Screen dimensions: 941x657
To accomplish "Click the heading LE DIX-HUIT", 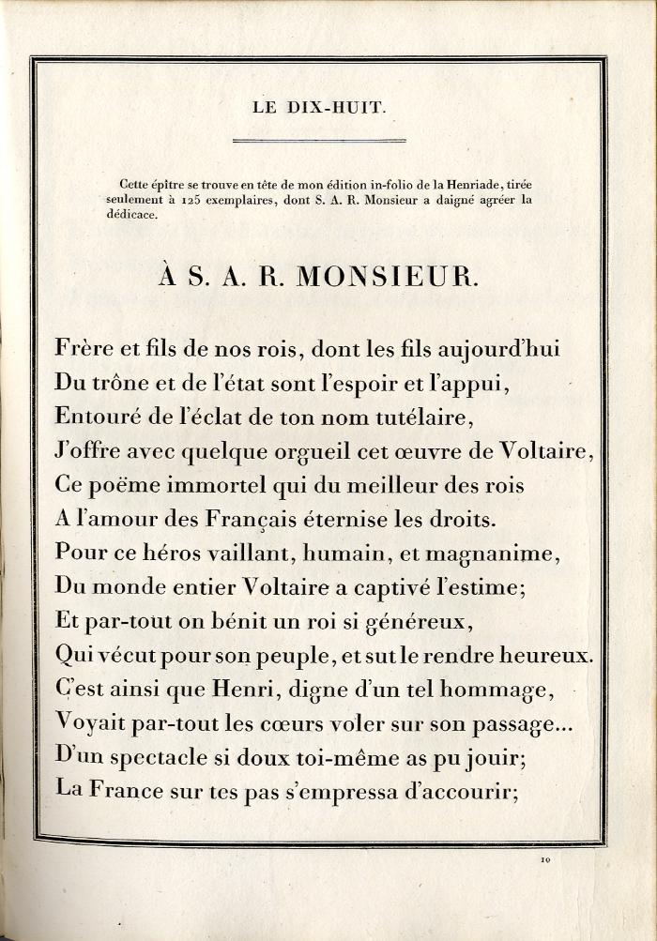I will [x=319, y=108].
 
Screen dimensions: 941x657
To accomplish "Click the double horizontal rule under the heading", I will [x=319, y=141].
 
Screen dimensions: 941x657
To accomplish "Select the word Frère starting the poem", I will [x=85, y=349].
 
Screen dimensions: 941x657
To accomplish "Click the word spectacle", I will [x=152, y=756].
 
